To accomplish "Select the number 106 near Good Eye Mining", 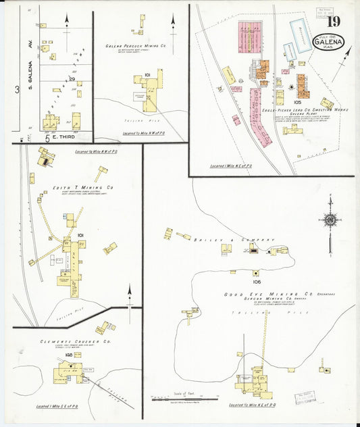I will [x=257, y=282].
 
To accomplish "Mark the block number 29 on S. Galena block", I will [x=72, y=79].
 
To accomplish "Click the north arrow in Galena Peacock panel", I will [x=173, y=26].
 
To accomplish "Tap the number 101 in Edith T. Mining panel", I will [x=80, y=235].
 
